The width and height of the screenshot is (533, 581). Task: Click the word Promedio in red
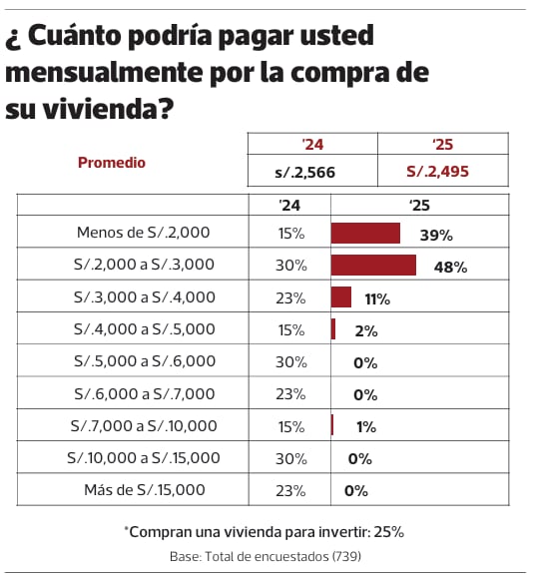coord(112,163)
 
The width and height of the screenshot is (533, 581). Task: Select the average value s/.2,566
coord(304,173)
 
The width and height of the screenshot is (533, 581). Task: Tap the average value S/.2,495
coord(437,172)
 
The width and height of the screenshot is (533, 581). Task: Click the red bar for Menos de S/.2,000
coord(365,234)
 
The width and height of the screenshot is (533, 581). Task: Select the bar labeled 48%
coord(373,266)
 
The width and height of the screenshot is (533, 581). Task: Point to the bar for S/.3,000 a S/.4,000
coord(341,297)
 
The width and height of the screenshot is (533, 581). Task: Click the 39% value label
coord(436,236)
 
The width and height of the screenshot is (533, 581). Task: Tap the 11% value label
coord(376,299)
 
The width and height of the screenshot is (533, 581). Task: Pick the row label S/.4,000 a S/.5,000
coord(144,329)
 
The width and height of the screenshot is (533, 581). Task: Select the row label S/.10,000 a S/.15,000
coord(146,457)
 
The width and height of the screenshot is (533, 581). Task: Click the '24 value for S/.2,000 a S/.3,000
coord(291,266)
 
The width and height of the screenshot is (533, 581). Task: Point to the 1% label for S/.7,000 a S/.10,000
coord(365,427)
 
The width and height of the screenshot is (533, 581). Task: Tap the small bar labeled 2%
coord(333,329)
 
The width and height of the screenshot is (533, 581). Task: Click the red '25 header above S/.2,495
coord(443,144)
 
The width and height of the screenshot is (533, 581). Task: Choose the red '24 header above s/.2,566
coord(311,144)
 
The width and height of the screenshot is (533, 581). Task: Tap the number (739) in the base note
coord(344,555)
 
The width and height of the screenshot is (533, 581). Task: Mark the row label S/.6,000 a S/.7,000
coord(144,393)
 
